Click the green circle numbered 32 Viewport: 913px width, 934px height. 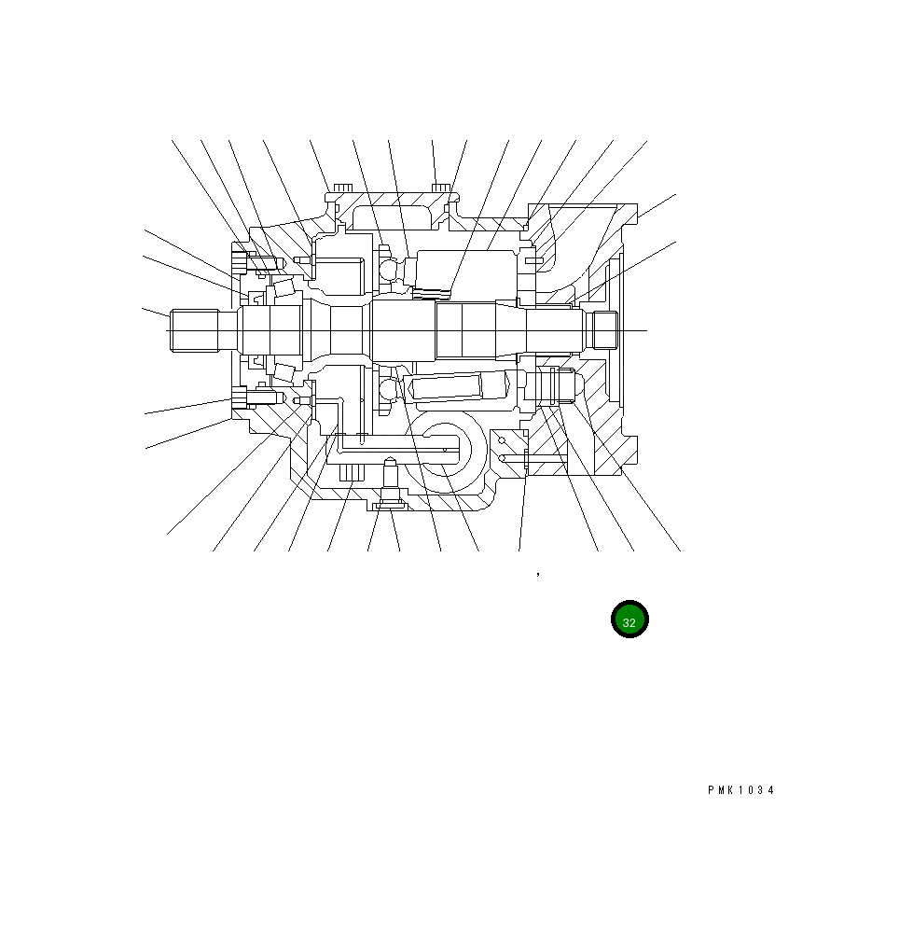click(x=629, y=619)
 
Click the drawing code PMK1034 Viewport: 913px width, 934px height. click(x=741, y=790)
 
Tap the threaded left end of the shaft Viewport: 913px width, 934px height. click(x=194, y=330)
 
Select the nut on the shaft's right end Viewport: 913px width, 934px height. click(x=602, y=330)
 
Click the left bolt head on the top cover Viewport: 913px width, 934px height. click(x=342, y=188)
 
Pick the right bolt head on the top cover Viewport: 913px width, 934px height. click(x=441, y=188)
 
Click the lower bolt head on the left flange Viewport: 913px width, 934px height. click(x=240, y=397)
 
